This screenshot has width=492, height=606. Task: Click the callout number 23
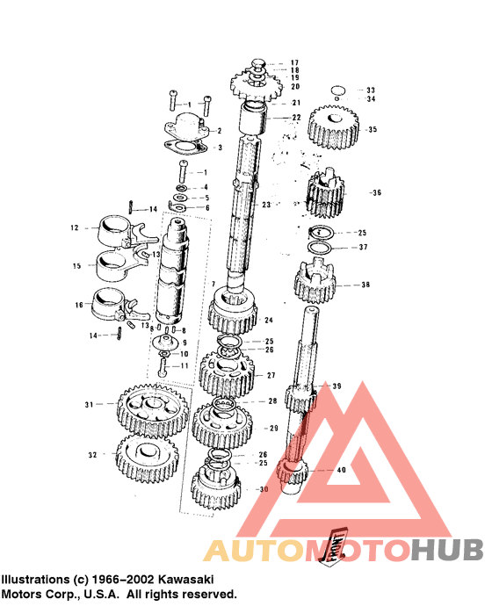(266, 204)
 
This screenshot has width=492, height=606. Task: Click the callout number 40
(342, 470)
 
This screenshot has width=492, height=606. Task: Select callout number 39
(336, 386)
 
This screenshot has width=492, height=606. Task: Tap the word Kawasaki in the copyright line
(181, 581)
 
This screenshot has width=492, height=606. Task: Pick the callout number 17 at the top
(295, 62)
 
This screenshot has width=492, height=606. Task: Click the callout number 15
(77, 264)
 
